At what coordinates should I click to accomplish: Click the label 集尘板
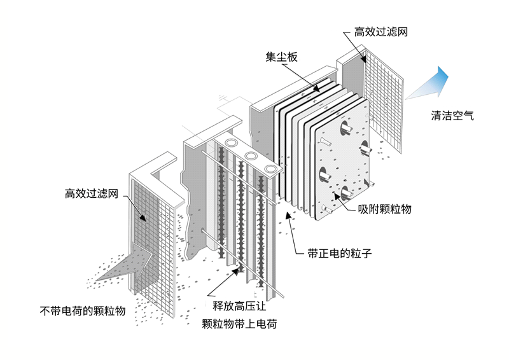[x=281, y=57]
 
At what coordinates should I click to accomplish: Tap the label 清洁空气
[x=452, y=116]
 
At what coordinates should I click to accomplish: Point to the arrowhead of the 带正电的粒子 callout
[x=288, y=215]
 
